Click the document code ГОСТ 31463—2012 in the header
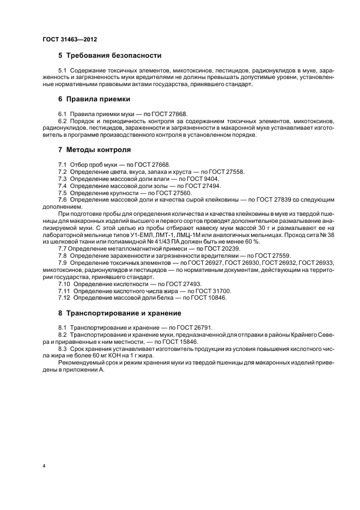coord(70,39)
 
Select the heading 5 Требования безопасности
coord(109,56)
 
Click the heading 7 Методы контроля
coord(94,149)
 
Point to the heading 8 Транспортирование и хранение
coord(123,313)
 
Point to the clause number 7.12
coord(64,298)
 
